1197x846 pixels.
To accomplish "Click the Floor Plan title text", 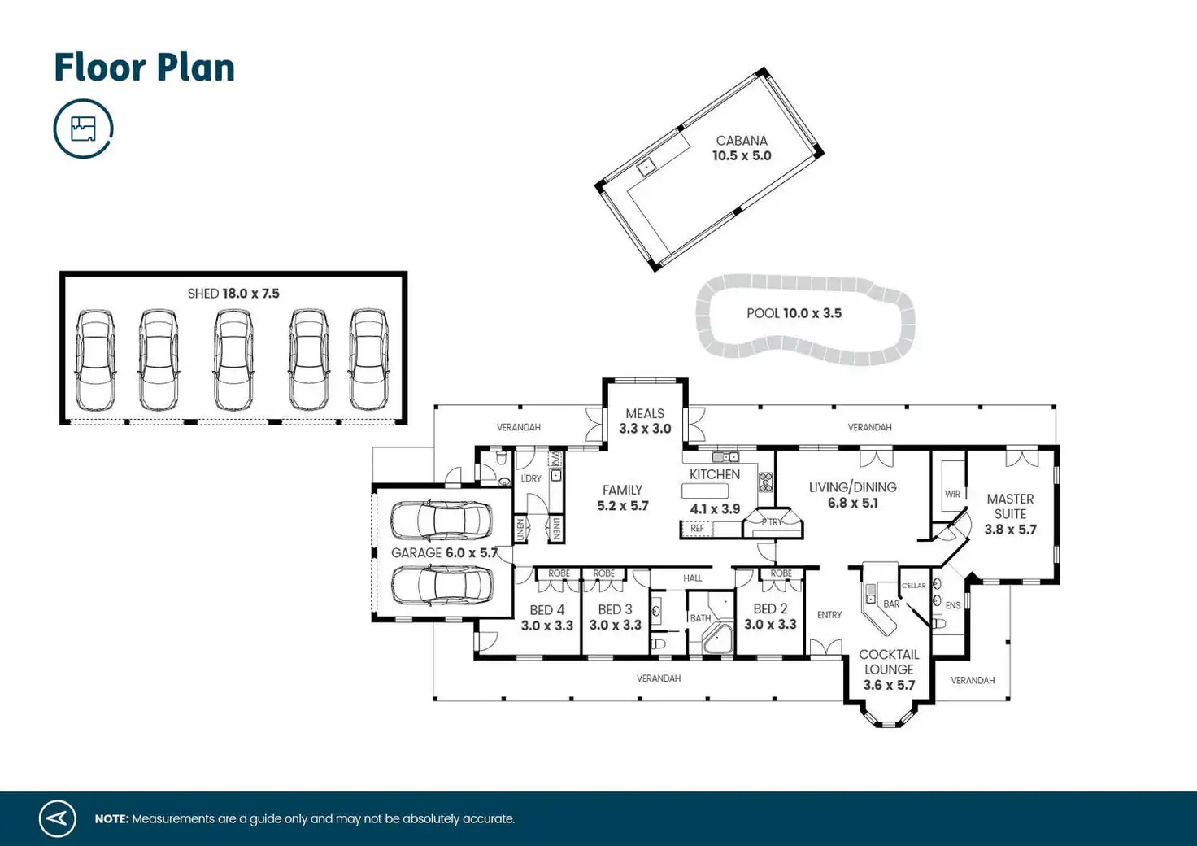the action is tap(144, 68).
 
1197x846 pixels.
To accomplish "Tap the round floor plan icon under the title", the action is tap(83, 129).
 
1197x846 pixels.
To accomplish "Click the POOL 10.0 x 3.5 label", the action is tap(794, 313).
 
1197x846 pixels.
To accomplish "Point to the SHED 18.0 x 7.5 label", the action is tap(233, 294).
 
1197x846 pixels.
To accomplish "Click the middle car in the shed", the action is tap(233, 360).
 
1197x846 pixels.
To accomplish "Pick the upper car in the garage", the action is tap(441, 521).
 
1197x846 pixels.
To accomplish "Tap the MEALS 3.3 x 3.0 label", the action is tap(645, 421).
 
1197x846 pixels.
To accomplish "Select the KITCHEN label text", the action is tap(715, 474).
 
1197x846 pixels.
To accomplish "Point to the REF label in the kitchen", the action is tap(697, 529).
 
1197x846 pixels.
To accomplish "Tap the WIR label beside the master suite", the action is tap(952, 495).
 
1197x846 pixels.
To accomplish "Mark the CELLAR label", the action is tap(913, 586).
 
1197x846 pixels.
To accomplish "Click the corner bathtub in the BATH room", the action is tap(717, 639).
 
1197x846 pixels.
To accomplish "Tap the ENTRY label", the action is tap(829, 615).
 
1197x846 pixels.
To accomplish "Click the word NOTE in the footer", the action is tap(111, 819).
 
